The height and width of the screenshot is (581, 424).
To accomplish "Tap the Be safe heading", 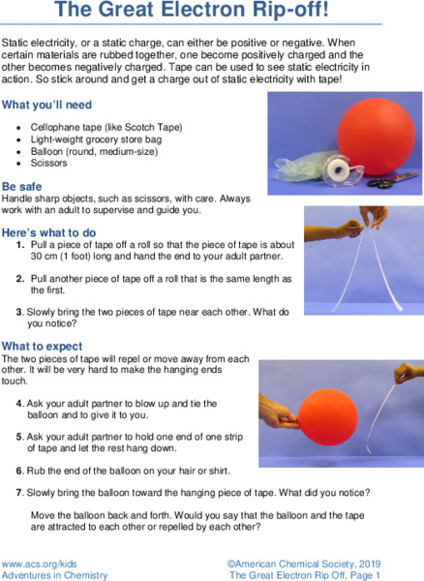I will coord(23,186).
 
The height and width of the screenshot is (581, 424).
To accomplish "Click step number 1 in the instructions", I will coord(20,246).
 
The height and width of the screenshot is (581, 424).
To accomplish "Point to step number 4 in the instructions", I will coord(20,402).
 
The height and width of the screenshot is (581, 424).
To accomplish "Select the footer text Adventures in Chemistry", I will coord(54,574).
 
